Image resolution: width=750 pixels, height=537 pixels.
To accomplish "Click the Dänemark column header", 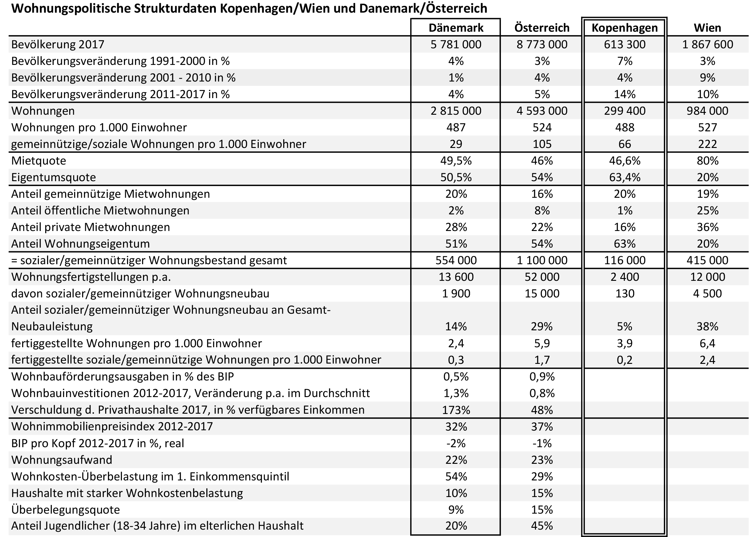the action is click(456, 28).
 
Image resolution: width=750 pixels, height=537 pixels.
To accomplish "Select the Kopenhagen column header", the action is click(625, 28).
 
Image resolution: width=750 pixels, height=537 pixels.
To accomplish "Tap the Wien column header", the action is click(707, 28).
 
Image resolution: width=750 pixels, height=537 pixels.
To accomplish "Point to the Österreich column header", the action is click(542, 28).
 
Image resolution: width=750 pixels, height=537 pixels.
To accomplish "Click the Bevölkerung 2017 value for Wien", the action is click(707, 44).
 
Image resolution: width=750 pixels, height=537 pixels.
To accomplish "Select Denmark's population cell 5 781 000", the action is click(456, 44).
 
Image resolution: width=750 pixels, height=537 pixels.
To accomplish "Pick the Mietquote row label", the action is click(39, 161).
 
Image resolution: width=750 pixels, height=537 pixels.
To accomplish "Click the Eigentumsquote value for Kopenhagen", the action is click(625, 177).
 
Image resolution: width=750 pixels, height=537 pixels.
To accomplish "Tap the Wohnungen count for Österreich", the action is click(542, 111).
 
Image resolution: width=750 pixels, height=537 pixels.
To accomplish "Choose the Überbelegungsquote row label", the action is click(65, 510).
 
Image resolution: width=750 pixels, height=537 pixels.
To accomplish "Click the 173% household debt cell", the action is click(456, 410).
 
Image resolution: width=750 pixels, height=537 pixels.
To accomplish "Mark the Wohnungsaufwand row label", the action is click(62, 459).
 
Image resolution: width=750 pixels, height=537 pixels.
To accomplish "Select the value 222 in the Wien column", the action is click(707, 144).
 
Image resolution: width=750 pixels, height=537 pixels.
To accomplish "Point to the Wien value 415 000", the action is click(707, 260).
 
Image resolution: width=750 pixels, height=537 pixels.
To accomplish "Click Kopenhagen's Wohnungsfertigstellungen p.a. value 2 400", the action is click(625, 277).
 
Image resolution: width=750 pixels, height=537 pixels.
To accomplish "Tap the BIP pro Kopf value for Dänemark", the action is click(456, 443).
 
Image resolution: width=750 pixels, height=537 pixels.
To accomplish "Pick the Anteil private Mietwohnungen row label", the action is click(91, 227).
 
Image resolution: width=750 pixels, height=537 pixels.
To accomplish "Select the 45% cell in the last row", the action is click(542, 526).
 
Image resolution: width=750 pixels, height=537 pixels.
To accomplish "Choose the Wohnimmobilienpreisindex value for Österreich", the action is click(542, 427).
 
